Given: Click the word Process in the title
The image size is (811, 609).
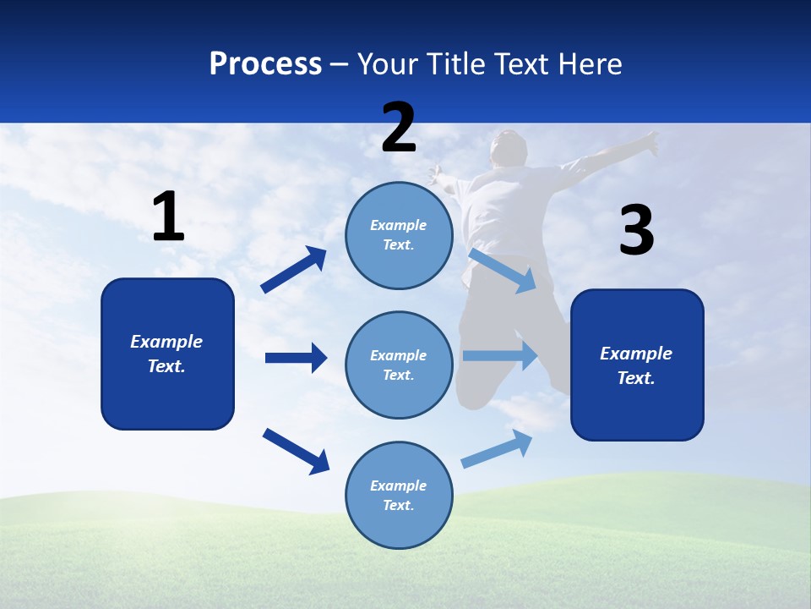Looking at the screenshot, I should [x=265, y=63].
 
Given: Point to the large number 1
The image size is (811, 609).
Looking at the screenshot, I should [x=168, y=217].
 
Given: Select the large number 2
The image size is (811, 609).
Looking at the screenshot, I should [x=399, y=128].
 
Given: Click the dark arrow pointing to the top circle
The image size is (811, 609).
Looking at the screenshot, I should [x=293, y=270].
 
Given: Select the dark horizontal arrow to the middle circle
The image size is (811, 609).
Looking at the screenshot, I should [x=296, y=358].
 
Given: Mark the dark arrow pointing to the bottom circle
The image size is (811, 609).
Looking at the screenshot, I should [x=296, y=451].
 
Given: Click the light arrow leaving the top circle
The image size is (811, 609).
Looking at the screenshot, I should [x=503, y=270].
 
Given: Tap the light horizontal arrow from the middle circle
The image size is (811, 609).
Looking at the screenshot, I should [x=499, y=356].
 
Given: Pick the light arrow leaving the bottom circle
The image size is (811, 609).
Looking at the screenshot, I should [x=497, y=449].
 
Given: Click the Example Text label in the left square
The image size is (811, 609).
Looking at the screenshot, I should [x=166, y=354].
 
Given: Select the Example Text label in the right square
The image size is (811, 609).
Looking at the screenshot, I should [x=636, y=365].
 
